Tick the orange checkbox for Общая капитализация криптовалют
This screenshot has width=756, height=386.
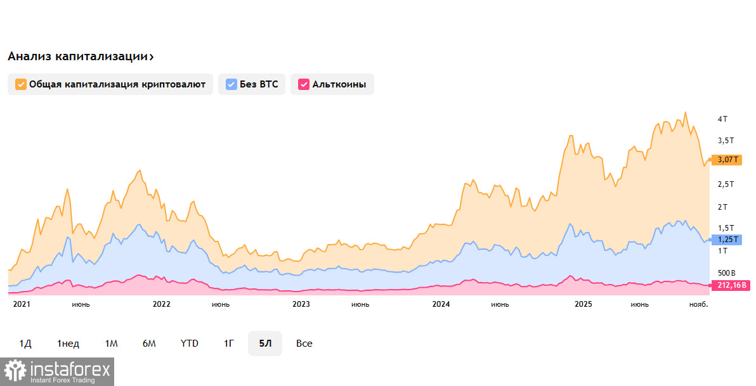pos(21,84)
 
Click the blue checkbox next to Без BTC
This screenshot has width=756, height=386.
pos(231,84)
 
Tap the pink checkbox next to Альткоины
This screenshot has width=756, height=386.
pos(304,84)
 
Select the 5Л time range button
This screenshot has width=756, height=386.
pos(264,344)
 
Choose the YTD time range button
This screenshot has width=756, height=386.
pos(189,344)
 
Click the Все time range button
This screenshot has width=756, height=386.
pos(304,344)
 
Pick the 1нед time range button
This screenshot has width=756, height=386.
pos(68,344)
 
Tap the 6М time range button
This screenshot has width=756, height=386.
pos(149,344)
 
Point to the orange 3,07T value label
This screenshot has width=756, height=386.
pos(726,160)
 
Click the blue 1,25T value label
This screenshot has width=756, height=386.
pos(726,240)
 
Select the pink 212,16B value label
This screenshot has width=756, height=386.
pos(729,285)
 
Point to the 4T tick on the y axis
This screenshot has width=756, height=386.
pos(722,119)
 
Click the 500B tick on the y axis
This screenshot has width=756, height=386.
pos(727,272)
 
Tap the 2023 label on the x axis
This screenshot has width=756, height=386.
pos(301,304)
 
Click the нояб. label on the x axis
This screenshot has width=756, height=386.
pos(698,304)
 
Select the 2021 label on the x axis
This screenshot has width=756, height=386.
pos(22,304)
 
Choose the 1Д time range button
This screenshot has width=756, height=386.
pos(25,344)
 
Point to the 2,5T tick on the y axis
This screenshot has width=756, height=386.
pos(726,184)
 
